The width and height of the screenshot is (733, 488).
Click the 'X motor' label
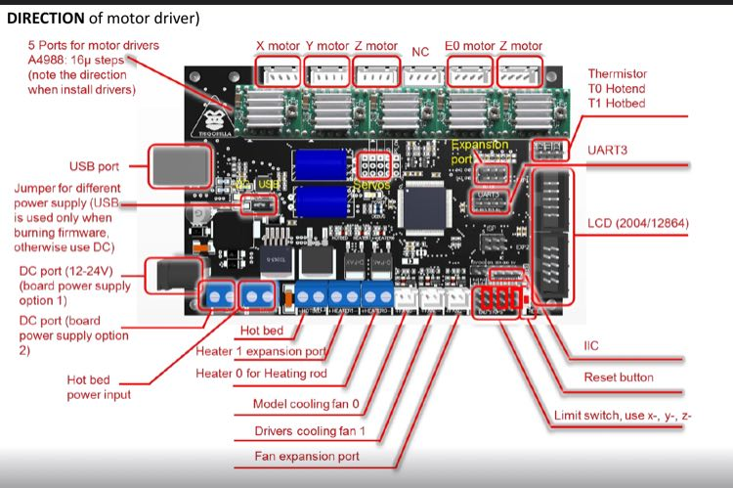[x=278, y=46]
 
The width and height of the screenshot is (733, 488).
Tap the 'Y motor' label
[x=326, y=46]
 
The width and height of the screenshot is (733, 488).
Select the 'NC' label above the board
[x=420, y=51]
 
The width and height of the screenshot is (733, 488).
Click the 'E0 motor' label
[x=470, y=46]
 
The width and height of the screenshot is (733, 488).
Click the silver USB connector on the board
[x=180, y=166]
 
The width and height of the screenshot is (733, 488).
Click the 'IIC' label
[x=592, y=345]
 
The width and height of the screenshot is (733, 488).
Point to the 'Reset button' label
[x=619, y=377]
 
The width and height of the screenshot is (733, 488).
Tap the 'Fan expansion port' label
[x=307, y=456]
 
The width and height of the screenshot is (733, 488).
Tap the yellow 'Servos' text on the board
[x=370, y=185]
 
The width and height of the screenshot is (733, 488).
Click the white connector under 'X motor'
[x=278, y=71]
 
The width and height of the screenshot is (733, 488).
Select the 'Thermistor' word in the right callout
[x=618, y=73]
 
